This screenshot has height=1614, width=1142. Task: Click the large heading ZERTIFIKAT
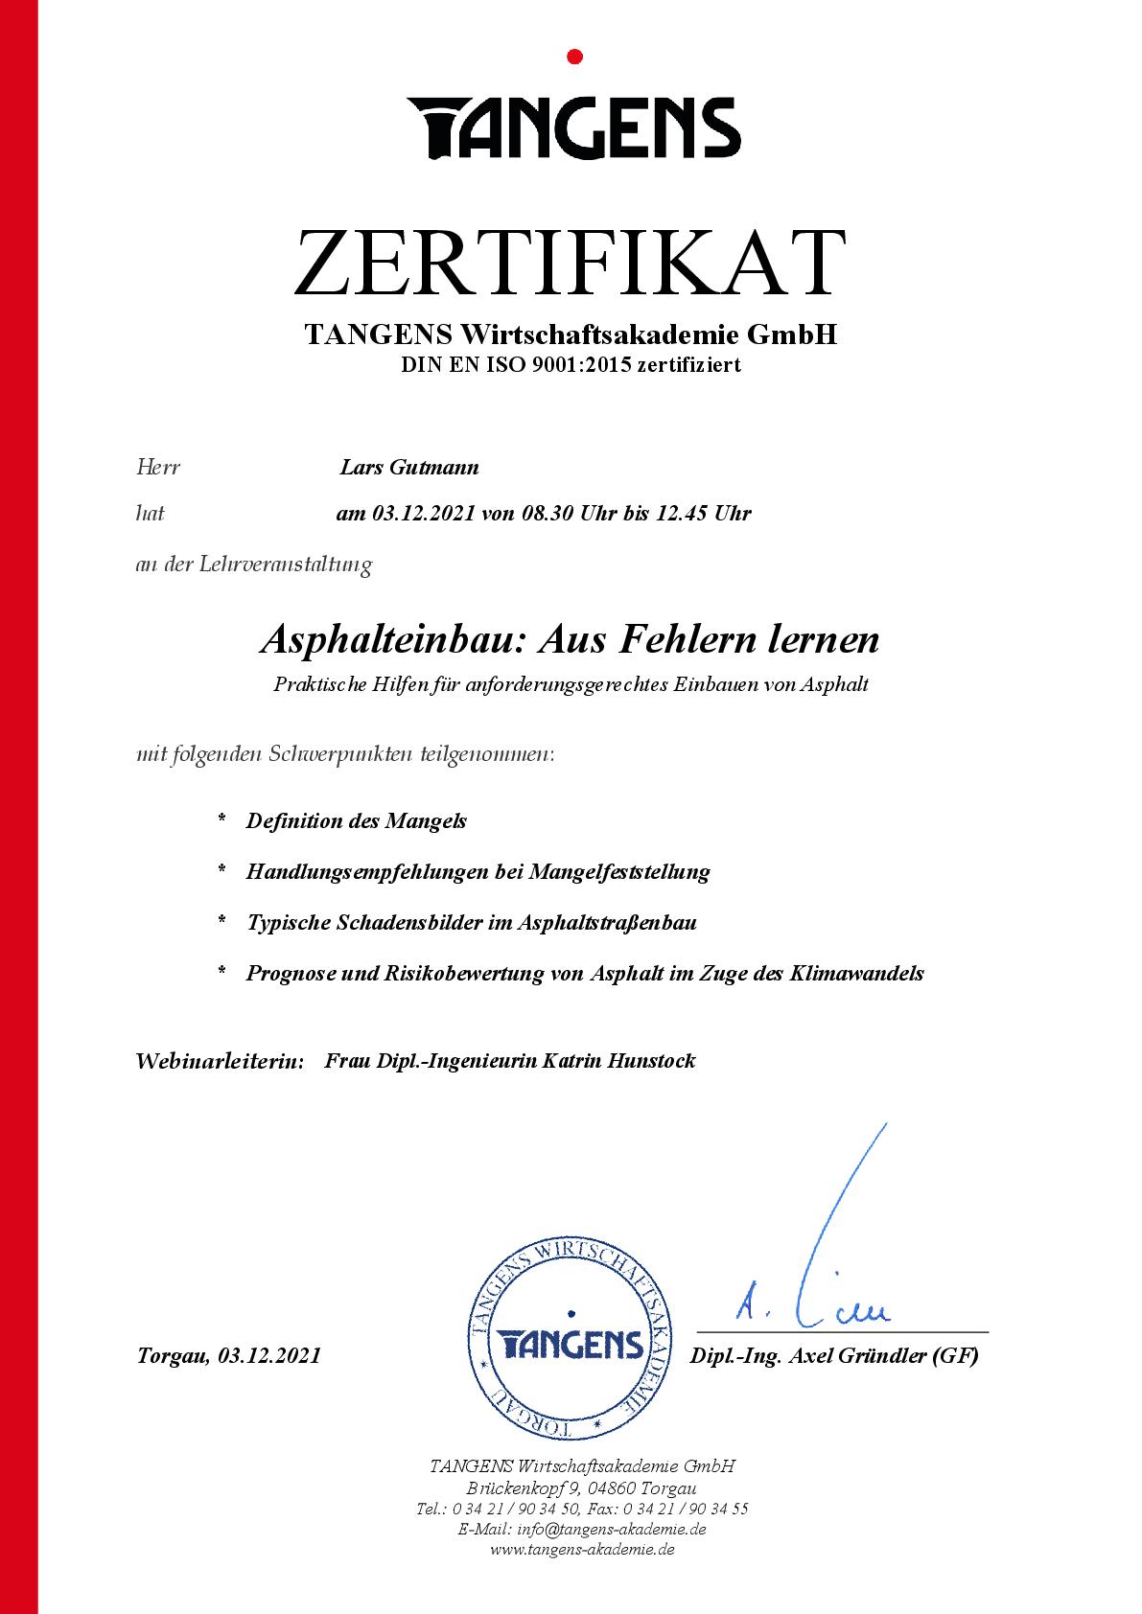[x=571, y=262]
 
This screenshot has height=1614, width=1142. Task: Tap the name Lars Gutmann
[x=409, y=468]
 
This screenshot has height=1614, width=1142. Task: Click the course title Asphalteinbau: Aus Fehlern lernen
[x=570, y=639]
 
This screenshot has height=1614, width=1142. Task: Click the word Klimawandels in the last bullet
[x=856, y=974]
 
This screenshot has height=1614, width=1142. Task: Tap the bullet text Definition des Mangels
[x=357, y=821]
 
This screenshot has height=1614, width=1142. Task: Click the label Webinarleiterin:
[x=221, y=1061]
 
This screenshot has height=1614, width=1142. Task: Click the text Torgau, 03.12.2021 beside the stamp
[x=228, y=1356]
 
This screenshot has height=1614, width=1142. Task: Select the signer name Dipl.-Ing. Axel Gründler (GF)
[x=834, y=1356]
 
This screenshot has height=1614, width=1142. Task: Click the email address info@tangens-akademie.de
[x=611, y=1530]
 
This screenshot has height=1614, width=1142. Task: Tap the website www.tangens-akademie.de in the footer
[x=582, y=1550]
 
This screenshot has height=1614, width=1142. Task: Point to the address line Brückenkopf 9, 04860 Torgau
[x=582, y=1488]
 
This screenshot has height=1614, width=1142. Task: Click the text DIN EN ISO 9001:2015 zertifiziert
[x=571, y=365]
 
